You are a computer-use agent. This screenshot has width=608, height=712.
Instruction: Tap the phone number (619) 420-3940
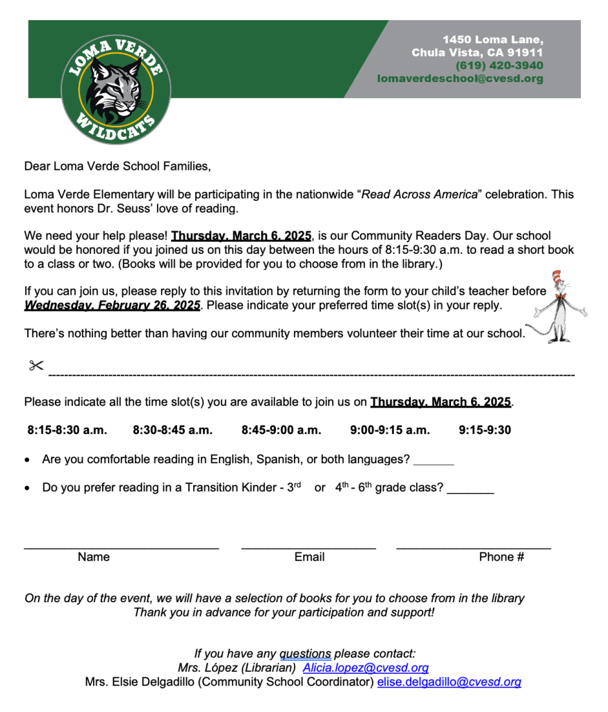(499, 65)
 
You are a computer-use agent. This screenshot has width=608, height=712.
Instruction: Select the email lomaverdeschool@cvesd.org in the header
(460, 79)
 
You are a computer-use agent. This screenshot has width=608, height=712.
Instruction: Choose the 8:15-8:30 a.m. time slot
(67, 430)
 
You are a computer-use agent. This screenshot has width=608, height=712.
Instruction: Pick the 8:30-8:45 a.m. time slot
(172, 430)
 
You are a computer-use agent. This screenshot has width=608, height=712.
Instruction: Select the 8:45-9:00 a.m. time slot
(281, 430)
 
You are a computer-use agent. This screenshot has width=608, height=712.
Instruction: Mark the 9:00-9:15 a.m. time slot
(390, 430)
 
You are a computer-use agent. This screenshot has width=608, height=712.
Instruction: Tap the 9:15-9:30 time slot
(484, 430)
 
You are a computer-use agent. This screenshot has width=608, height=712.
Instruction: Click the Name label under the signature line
(94, 556)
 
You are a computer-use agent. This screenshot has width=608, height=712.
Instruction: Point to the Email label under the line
(309, 556)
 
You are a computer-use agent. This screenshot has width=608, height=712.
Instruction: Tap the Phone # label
(501, 556)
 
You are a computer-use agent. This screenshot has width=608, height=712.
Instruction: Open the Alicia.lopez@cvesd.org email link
(365, 667)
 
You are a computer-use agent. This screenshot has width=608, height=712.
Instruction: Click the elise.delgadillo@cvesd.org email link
(449, 682)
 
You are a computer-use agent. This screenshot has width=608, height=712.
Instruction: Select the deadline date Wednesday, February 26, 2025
(112, 305)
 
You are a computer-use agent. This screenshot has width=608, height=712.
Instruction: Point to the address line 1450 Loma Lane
(493, 39)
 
